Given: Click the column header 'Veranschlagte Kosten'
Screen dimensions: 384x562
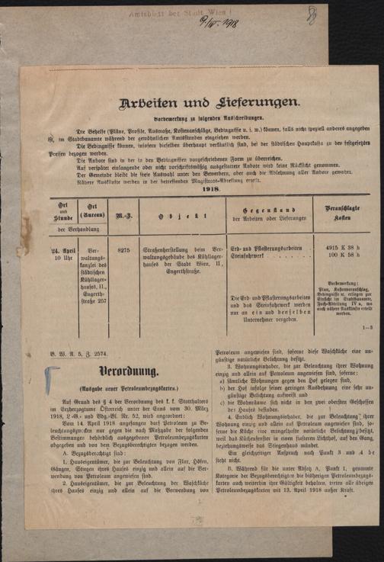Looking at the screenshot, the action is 332,213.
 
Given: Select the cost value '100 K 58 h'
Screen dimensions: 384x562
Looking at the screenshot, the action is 333,256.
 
